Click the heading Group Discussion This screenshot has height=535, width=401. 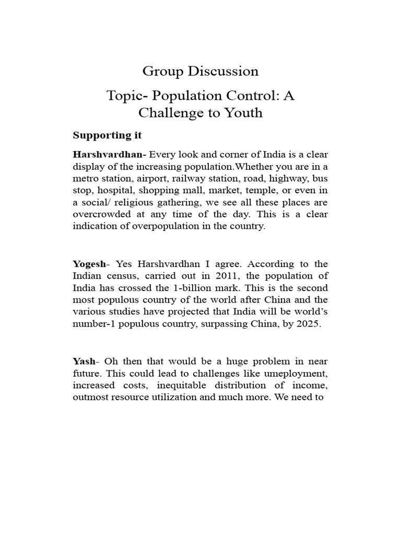coord(200,71)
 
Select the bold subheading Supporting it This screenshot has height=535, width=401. coord(107,135)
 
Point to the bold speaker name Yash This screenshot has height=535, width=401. coord(85,361)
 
